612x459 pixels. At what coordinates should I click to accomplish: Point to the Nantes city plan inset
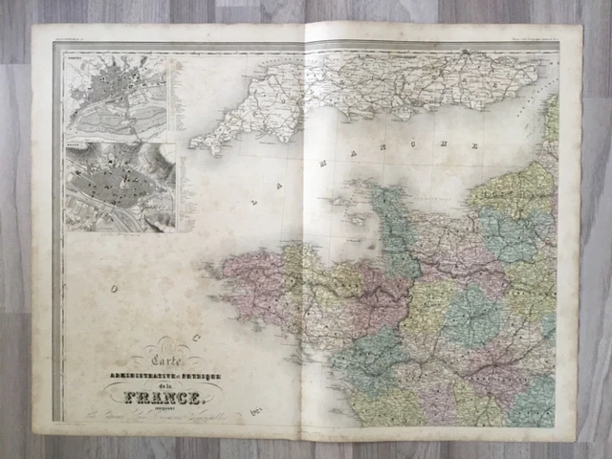pyautogui.click(x=116, y=97)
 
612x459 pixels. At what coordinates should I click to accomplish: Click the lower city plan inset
pyautogui.click(x=120, y=186)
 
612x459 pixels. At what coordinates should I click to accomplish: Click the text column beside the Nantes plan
pyautogui.click(x=173, y=97)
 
